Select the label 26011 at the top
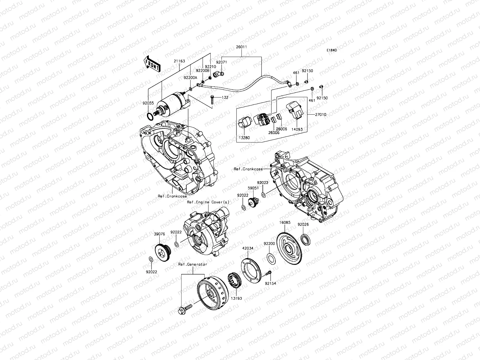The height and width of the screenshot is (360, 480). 241,47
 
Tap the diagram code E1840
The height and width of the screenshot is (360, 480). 332,50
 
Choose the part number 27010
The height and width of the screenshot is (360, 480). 321,114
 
